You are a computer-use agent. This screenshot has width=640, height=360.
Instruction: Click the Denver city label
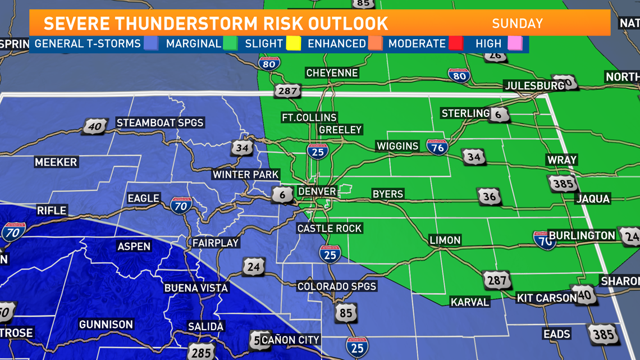[x=317, y=192]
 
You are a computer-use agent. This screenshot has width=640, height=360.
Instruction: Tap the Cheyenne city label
[x=332, y=73]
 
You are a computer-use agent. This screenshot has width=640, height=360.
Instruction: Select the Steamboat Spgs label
[x=159, y=122]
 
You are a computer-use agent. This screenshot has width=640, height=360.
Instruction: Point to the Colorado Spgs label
[x=337, y=286]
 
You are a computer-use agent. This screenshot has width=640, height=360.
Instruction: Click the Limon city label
[x=445, y=240]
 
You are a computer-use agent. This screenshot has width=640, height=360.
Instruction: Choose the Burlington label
[x=582, y=235]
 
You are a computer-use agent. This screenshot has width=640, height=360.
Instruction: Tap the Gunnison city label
[x=106, y=325]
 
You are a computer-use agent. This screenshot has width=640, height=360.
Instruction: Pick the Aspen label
[x=134, y=247]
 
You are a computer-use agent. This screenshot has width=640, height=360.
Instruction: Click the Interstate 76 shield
[x=437, y=147]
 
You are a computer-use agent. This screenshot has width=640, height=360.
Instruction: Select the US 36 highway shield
[x=489, y=197]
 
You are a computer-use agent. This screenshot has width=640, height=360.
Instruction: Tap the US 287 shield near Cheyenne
[x=287, y=90]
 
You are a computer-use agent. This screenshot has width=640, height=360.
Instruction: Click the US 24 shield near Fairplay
[x=253, y=266]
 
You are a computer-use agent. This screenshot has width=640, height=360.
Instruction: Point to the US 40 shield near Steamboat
[x=94, y=126]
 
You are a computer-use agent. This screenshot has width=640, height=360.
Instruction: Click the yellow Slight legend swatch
[x=294, y=43]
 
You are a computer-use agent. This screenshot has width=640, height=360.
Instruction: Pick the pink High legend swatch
[x=515, y=43]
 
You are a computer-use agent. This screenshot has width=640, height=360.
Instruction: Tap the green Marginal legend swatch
[x=230, y=43]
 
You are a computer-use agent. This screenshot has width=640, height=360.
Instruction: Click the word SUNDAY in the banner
[x=517, y=24]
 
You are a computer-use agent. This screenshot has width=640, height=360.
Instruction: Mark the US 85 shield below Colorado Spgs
[x=345, y=312]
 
